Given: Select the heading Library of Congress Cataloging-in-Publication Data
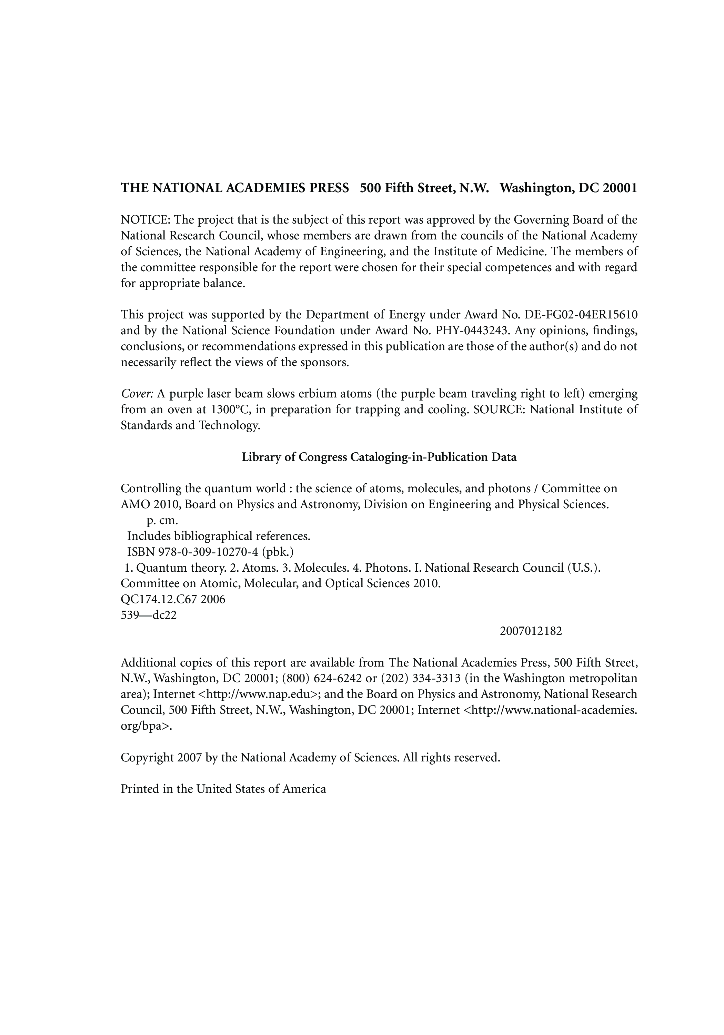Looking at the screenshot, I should pyautogui.click(x=379, y=457).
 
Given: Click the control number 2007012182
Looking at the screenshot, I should pyautogui.click(x=531, y=631).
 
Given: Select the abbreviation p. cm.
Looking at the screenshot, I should pyautogui.click(x=163, y=520).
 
